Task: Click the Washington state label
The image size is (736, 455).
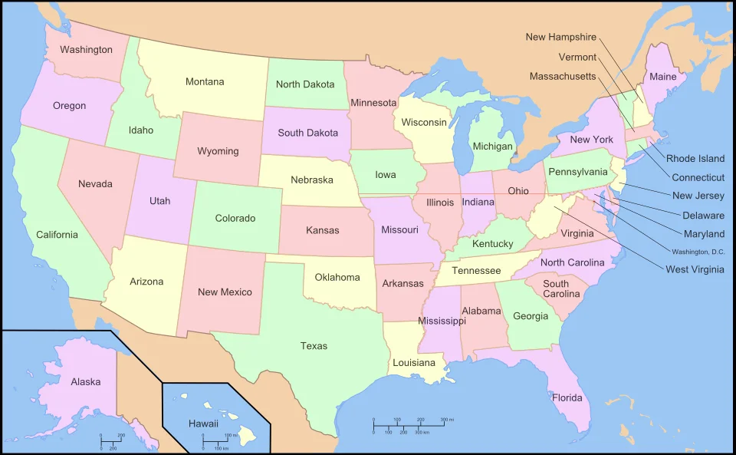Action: point(86,50)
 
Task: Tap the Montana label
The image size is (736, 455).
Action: point(205,82)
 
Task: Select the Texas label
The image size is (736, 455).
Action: point(314,346)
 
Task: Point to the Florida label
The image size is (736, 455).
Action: point(567,397)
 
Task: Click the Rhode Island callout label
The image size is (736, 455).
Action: point(695,159)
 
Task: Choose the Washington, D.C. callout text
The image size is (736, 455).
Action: point(698,252)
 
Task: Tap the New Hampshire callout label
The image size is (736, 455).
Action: point(560,37)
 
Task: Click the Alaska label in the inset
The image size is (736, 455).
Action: point(85,381)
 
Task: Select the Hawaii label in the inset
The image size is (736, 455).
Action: point(203,423)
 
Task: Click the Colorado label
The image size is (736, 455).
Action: point(235,219)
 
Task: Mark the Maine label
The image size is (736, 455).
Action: point(663,77)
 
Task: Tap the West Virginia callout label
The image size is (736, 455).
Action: point(695,269)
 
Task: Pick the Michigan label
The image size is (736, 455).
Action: point(492,147)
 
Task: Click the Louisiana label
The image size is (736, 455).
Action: point(413,363)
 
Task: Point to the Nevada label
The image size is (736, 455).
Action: point(95,184)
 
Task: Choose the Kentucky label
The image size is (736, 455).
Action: point(492,244)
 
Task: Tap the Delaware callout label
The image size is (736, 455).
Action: point(703,216)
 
